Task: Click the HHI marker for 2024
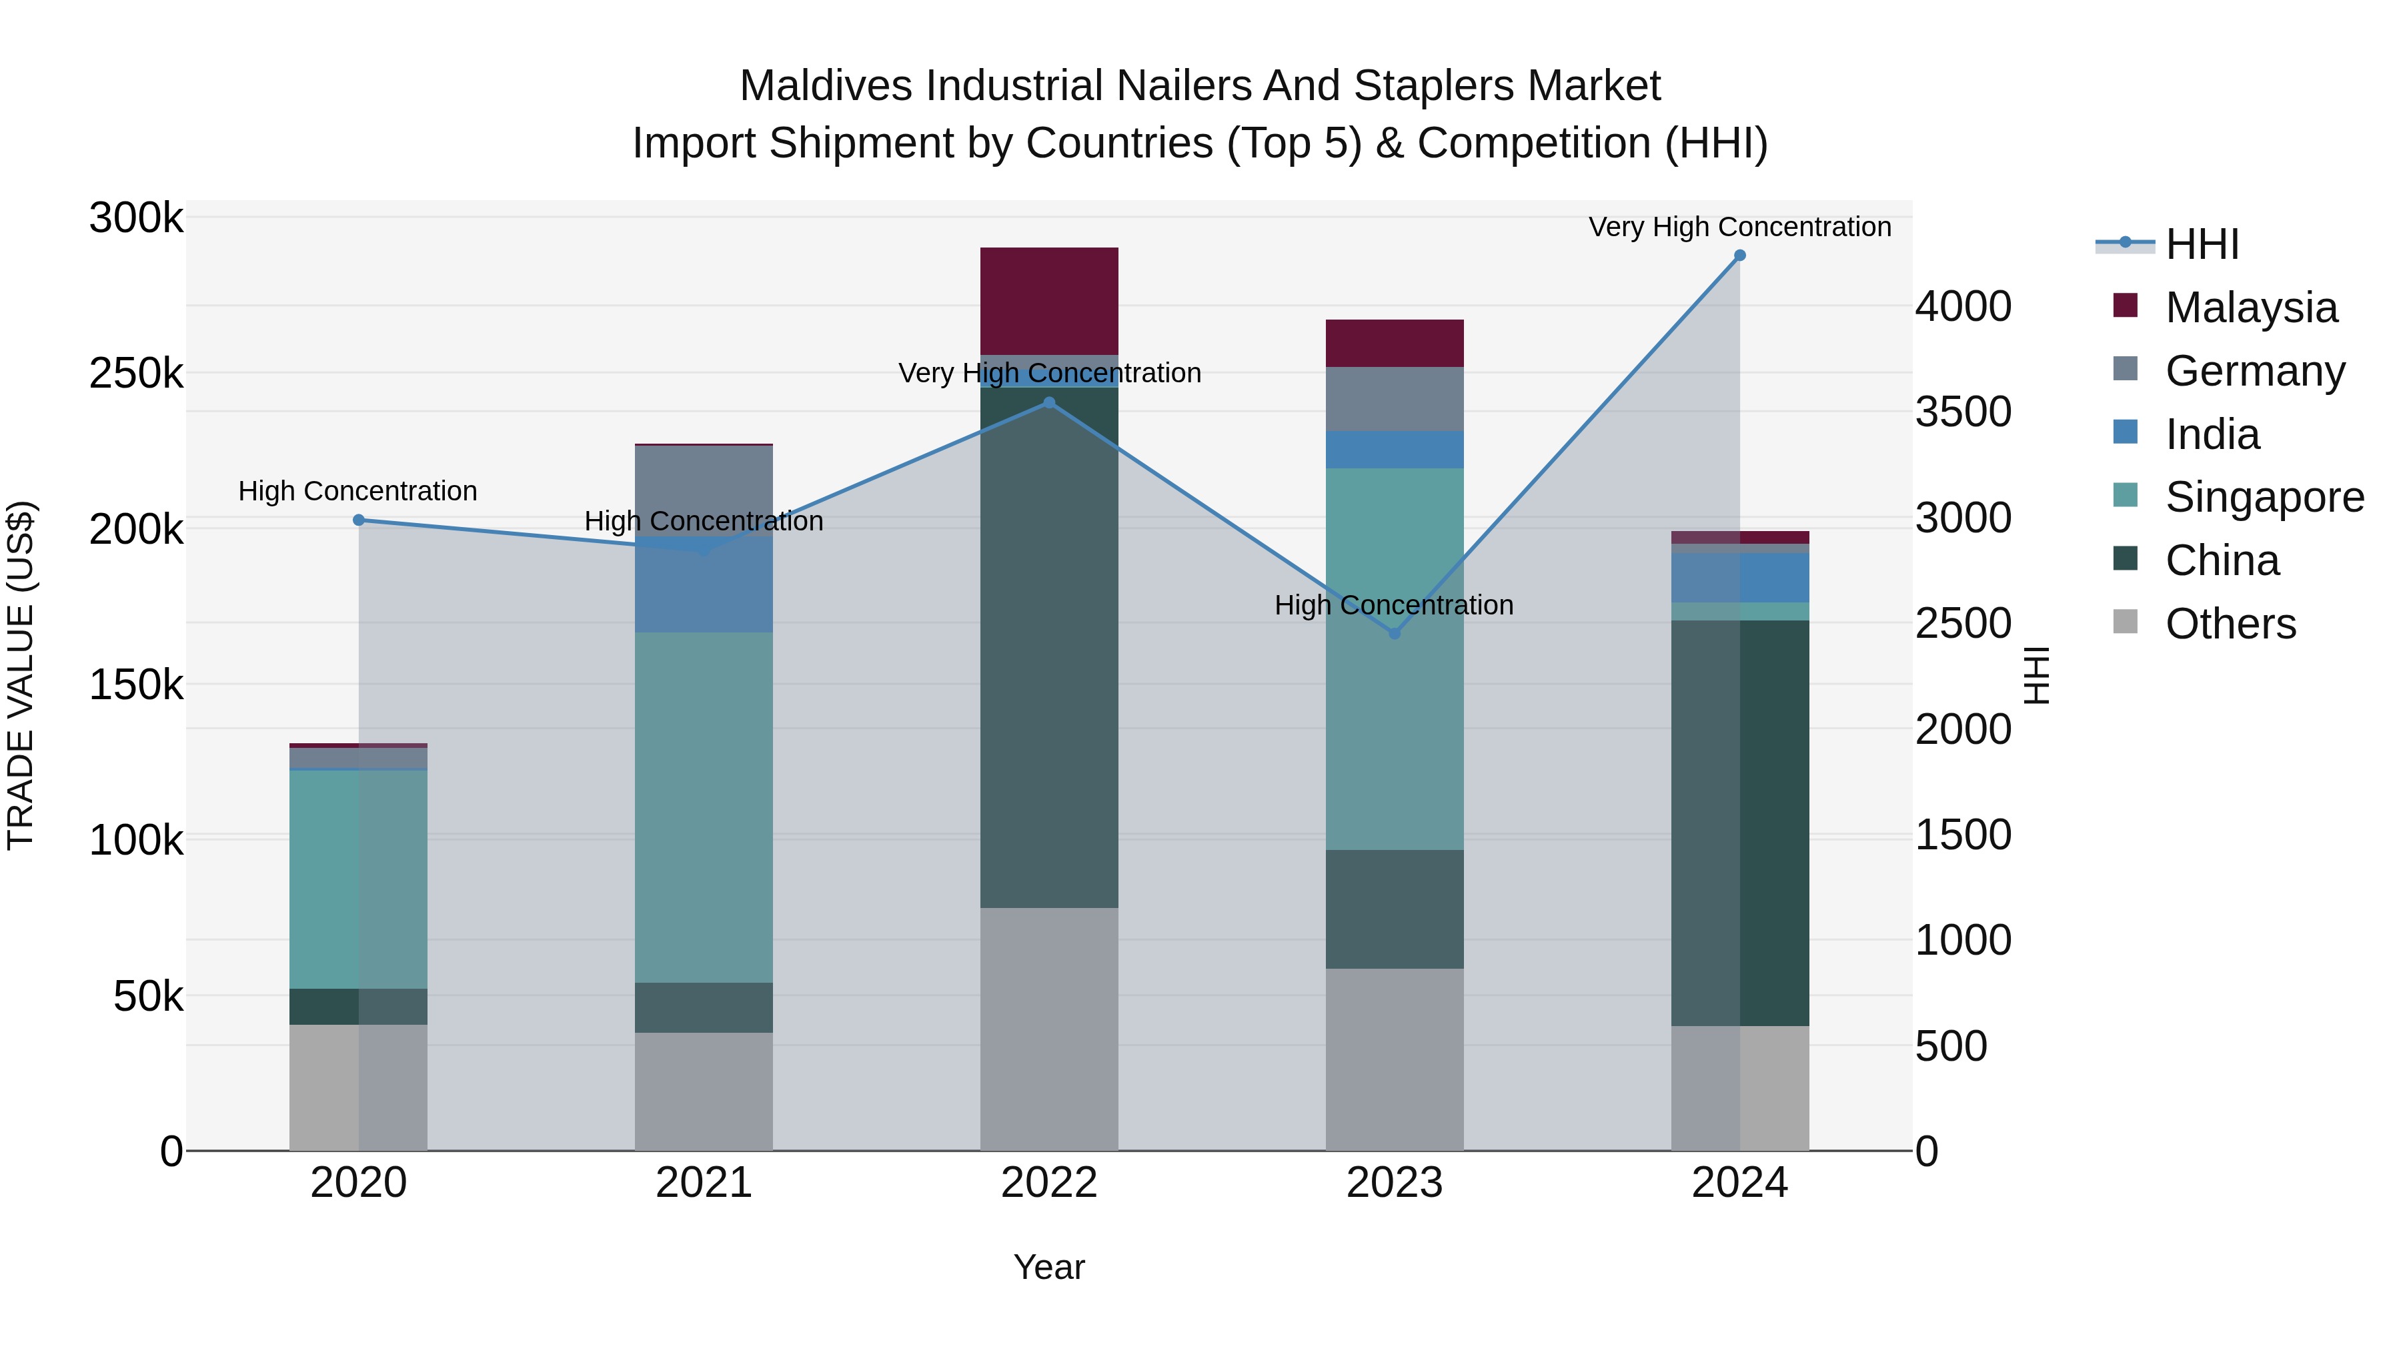point(1739,256)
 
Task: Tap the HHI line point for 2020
point(359,520)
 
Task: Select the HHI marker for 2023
point(1395,634)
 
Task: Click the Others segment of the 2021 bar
point(704,1091)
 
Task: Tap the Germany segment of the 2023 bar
point(1395,399)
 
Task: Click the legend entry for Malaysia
point(2250,308)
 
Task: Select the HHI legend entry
point(2201,244)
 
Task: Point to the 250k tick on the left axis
point(136,374)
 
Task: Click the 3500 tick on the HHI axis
point(1963,412)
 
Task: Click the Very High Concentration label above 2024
point(1739,228)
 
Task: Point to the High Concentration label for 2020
point(358,491)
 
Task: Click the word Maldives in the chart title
point(825,87)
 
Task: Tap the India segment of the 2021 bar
point(704,587)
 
